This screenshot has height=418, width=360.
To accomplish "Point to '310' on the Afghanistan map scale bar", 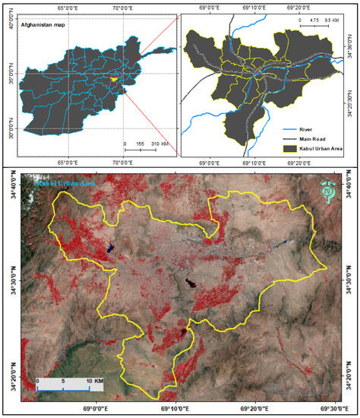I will tap(159, 144).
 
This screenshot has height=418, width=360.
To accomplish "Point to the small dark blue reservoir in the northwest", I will tap(111, 246).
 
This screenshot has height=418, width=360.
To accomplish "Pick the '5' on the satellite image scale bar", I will tap(63, 379).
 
